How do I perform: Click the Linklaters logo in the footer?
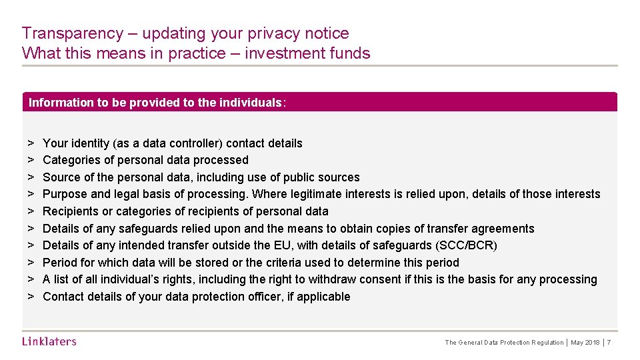coord(49,341)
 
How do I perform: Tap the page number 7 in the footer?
coord(609,343)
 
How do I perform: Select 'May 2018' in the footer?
coord(585,343)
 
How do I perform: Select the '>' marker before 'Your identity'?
coord(31,143)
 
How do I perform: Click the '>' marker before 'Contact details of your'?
coord(31,297)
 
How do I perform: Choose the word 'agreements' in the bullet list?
coord(505,229)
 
